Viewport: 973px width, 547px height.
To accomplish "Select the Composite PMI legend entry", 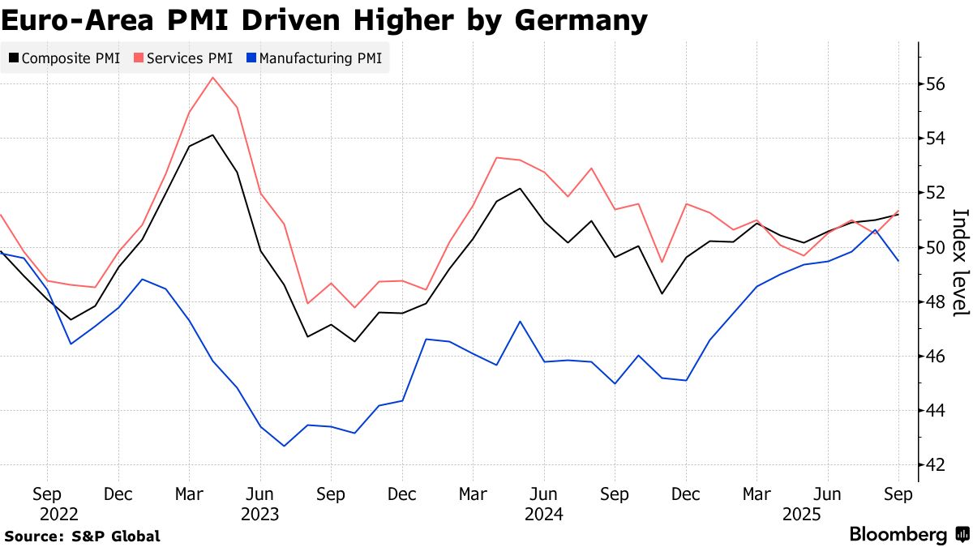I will (65, 58).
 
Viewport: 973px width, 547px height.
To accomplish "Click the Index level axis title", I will (960, 262).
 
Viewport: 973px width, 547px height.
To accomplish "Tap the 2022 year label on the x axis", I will (59, 514).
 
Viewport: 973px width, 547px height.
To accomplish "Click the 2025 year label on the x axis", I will (802, 514).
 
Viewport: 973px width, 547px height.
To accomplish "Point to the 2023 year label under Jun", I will (259, 514).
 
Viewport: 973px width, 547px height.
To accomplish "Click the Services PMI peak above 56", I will (212, 78).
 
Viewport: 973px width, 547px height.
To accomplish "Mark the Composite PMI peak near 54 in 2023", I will (212, 135).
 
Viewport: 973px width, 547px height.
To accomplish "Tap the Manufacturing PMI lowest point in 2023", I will (284, 446).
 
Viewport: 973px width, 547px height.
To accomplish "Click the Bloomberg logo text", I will (898, 535).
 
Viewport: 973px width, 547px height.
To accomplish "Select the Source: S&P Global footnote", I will (81, 536).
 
